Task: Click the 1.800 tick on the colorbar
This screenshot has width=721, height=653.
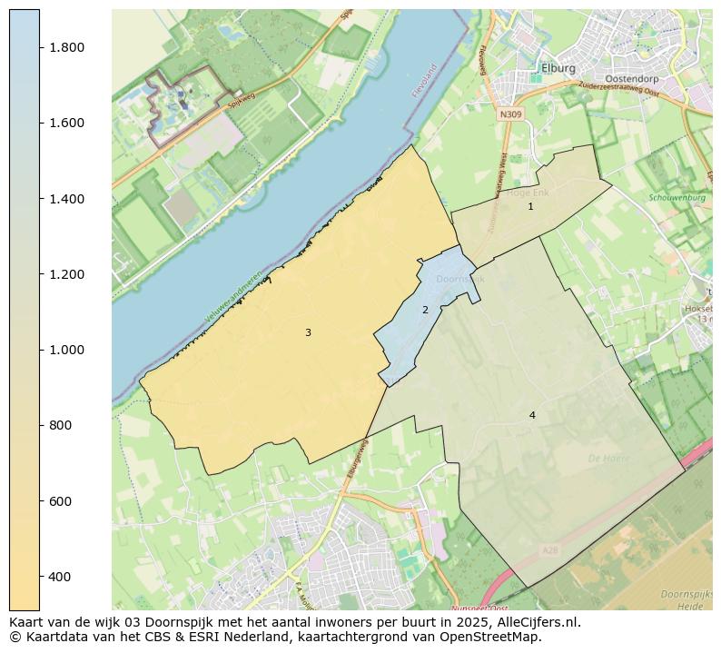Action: [x=66, y=47]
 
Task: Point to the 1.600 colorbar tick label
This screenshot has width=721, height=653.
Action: [x=66, y=123]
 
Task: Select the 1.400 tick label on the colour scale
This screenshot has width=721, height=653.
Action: [x=66, y=199]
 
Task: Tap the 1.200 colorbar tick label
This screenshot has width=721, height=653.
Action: [x=66, y=274]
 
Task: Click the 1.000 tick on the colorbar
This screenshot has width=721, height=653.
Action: [x=66, y=350]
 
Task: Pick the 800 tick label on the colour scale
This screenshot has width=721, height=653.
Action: [x=60, y=425]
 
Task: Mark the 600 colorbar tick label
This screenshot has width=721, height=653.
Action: [x=60, y=501]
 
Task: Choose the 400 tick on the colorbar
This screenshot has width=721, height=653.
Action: [x=60, y=577]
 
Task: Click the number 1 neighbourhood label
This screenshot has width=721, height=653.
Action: [x=530, y=207]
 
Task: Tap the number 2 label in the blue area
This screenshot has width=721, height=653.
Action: [x=425, y=311]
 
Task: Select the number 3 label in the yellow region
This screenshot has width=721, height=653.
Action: [x=308, y=333]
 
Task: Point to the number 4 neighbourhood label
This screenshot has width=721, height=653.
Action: [x=532, y=416]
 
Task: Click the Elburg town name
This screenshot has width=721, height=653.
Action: [x=558, y=68]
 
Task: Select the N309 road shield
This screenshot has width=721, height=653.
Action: [x=511, y=115]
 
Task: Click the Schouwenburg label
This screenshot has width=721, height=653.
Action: [x=677, y=197]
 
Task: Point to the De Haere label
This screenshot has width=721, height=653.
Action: [x=608, y=459]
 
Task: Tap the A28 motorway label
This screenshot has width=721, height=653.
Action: [x=550, y=550]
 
